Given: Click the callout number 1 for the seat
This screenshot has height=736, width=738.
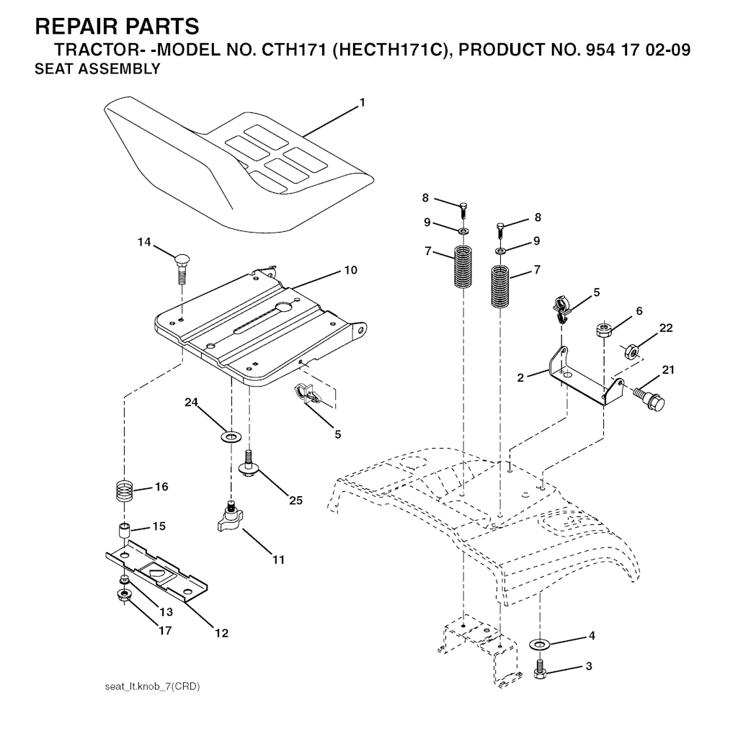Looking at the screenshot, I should click(x=362, y=103).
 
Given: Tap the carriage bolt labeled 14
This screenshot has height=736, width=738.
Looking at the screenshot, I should click(x=182, y=266).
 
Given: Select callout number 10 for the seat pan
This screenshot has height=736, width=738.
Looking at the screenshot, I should click(x=350, y=270).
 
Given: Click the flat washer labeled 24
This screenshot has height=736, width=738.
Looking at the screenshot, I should click(x=231, y=436).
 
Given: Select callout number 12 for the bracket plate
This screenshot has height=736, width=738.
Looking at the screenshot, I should click(x=221, y=633).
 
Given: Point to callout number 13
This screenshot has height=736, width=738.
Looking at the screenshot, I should click(x=166, y=612).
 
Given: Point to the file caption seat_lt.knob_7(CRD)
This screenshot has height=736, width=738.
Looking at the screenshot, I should click(x=153, y=686).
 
